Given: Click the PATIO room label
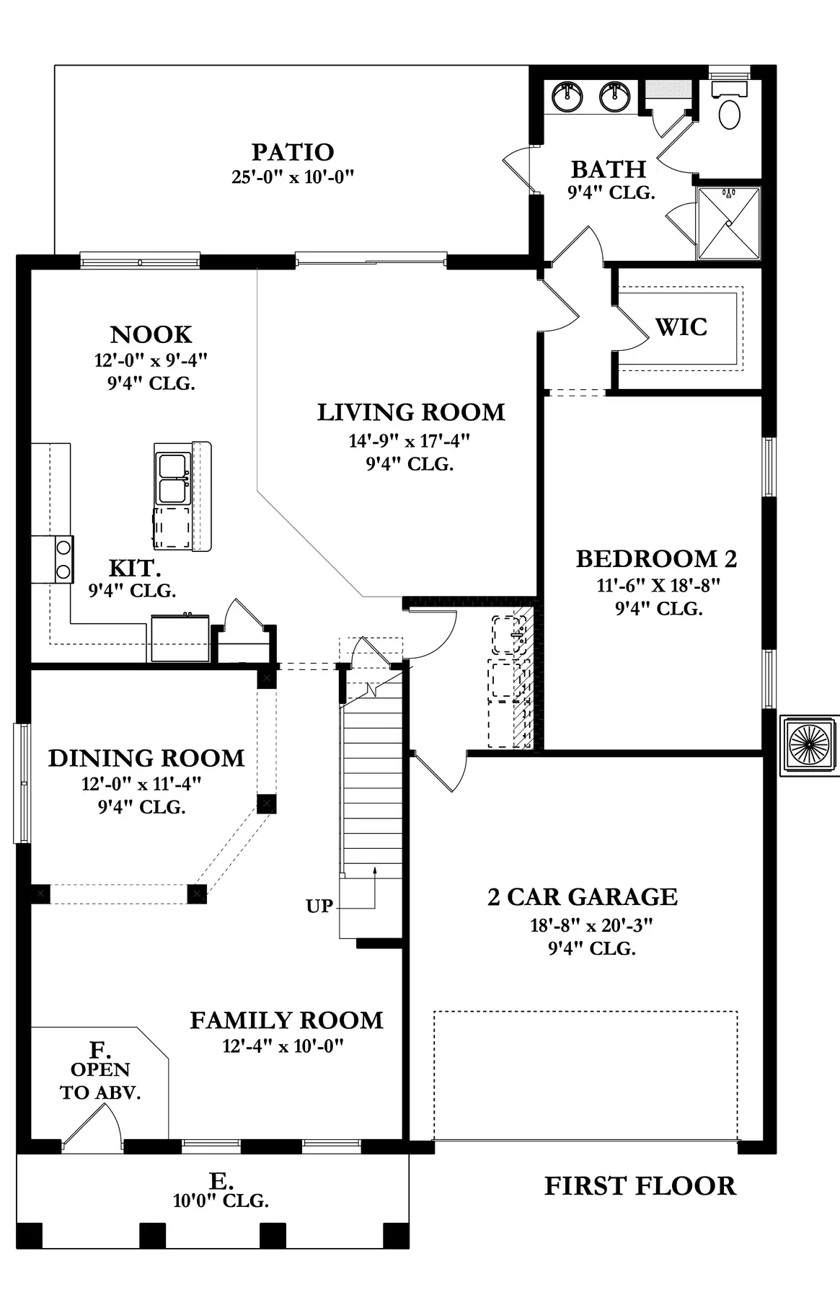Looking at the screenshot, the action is tap(293, 152).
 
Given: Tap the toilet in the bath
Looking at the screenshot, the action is tap(730, 104).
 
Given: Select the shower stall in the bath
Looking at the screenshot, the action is tap(728, 223).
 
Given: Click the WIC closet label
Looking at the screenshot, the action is tap(681, 326).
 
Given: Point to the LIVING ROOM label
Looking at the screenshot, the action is tap(411, 412).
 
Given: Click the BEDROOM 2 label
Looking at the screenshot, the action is tap(657, 558).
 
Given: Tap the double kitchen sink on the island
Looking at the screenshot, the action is tap(173, 478).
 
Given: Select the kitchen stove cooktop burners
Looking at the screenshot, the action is tap(63, 560).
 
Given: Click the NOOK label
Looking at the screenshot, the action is tap(151, 334).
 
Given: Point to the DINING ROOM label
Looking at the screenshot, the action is tap(146, 758).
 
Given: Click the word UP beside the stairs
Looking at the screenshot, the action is tap(319, 906).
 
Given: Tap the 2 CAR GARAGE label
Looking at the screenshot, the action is tap(583, 896).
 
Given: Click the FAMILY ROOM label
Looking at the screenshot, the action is tap(286, 1020).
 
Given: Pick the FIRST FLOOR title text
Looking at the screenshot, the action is tap(640, 1185).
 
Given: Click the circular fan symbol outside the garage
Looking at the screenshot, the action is tap(810, 745).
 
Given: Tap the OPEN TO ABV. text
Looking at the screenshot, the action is tap(100, 1081).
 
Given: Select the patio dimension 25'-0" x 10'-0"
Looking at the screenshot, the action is tap(293, 177).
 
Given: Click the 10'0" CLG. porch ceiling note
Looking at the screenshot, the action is tap(221, 1200).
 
